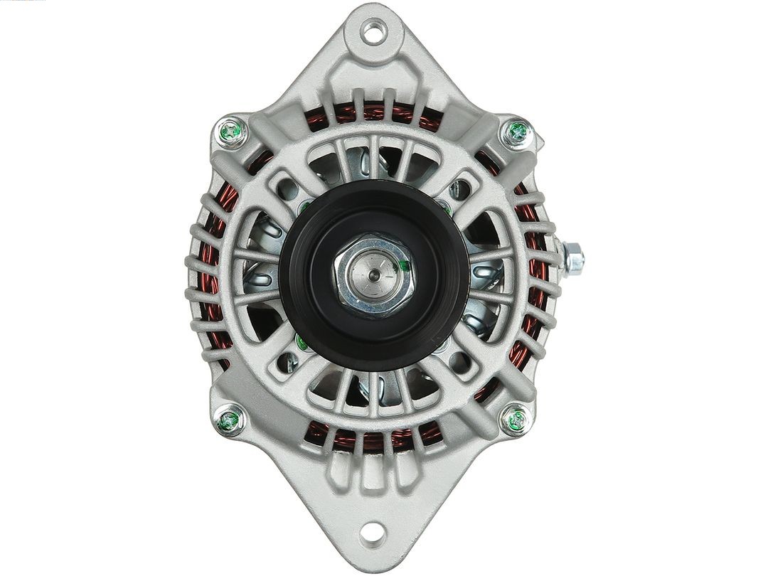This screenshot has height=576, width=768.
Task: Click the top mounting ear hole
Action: click(371, 30)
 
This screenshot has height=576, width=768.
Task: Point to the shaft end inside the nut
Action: click(373, 268)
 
